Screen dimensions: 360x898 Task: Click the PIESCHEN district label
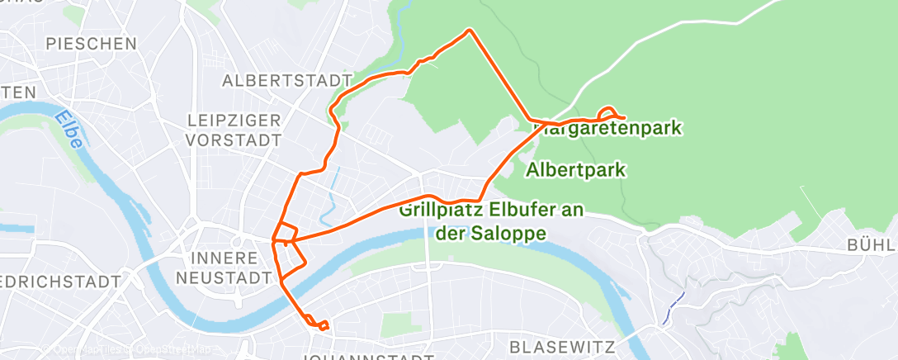(x=91, y=43)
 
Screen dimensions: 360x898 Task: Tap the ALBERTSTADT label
(x=282, y=81)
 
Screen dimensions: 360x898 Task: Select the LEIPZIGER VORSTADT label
(x=234, y=130)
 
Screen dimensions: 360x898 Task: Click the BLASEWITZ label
(x=565, y=346)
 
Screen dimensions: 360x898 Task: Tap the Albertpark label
(x=575, y=170)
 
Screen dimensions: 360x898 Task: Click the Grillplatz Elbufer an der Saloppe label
(x=490, y=221)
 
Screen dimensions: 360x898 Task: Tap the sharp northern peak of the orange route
(x=470, y=31)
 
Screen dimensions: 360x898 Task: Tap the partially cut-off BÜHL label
(x=872, y=245)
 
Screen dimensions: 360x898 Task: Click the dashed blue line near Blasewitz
(x=676, y=303)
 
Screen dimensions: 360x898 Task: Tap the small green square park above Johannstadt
(x=396, y=324)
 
